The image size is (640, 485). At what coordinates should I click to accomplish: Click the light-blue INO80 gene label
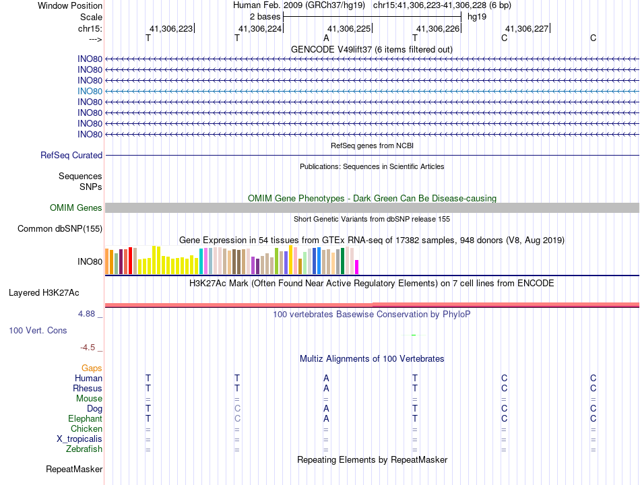pyautogui.click(x=90, y=91)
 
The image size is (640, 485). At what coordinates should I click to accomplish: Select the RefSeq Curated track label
pyautogui.click(x=71, y=156)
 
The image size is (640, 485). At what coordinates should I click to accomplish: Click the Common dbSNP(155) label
pyautogui.click(x=60, y=229)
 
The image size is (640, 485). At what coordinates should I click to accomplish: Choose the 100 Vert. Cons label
pyautogui.click(x=38, y=331)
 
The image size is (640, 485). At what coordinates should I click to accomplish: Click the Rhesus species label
pyautogui.click(x=88, y=389)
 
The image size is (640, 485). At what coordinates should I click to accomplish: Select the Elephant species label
pyautogui.click(x=85, y=419)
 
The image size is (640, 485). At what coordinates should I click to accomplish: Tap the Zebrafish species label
pyautogui.click(x=84, y=449)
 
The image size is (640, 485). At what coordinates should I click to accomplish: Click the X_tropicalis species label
pyautogui.click(x=79, y=439)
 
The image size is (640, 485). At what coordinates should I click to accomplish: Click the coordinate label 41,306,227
pyautogui.click(x=527, y=29)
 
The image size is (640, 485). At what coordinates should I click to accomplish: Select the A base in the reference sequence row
pyautogui.click(x=326, y=38)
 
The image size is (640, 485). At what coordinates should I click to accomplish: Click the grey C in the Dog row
pyautogui.click(x=237, y=409)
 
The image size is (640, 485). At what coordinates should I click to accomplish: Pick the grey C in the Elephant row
pyautogui.click(x=237, y=419)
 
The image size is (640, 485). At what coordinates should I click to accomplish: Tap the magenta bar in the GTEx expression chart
pyautogui.click(x=357, y=267)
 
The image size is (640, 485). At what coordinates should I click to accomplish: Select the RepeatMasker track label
pyautogui.click(x=74, y=470)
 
